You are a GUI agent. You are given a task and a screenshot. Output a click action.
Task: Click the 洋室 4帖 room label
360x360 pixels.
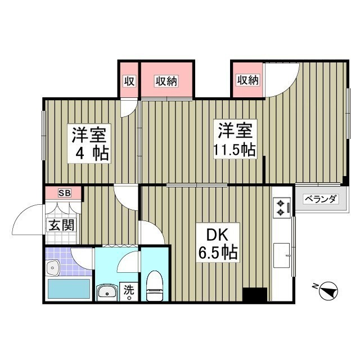pos(89,143)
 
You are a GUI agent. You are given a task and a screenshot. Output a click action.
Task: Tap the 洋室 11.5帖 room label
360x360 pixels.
pos(235,139)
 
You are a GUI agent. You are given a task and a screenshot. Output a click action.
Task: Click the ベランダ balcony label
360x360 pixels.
pos(321,199)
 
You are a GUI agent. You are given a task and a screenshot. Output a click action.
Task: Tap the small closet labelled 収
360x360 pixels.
pos(129,80)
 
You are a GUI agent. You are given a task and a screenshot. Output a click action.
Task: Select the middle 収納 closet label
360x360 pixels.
pos(166,80)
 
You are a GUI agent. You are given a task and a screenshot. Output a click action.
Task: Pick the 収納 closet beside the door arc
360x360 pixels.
pos(247,80)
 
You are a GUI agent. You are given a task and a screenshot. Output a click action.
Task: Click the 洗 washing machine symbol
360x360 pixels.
pos(129,291)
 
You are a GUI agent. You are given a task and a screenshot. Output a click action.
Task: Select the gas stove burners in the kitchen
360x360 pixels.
pos(280,207)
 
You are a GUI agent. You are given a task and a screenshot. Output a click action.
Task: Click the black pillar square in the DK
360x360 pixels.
pos(255,295)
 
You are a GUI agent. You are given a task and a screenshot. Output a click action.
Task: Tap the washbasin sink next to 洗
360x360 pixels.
pos(107,292)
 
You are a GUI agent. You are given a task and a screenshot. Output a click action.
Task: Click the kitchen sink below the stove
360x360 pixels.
pos(280,251)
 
